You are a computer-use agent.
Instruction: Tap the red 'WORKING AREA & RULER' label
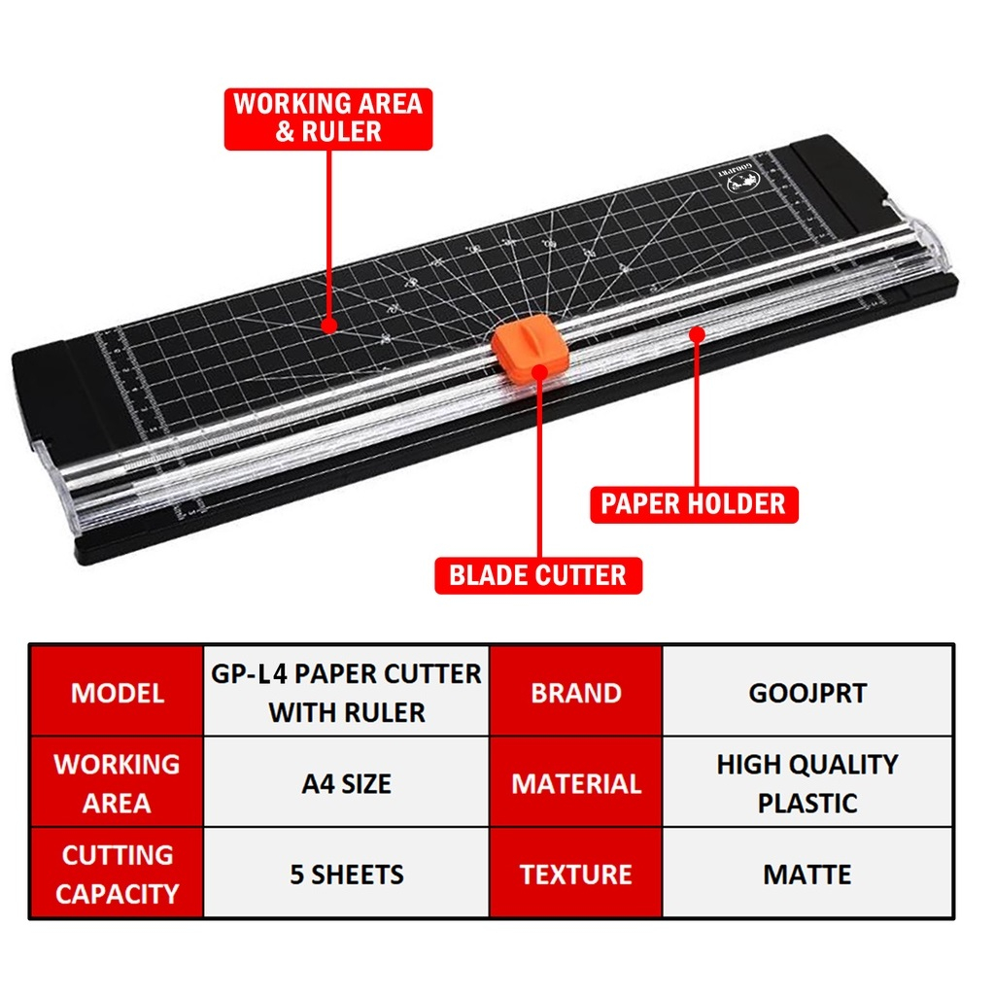pyautogui.click(x=328, y=119)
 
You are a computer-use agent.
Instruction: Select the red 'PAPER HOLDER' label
pyautogui.click(x=694, y=504)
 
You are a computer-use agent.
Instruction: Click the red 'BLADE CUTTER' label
pyautogui.click(x=537, y=575)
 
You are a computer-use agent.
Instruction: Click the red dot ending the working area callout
pyautogui.click(x=330, y=326)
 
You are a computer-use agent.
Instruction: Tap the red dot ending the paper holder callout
pyautogui.click(x=696, y=334)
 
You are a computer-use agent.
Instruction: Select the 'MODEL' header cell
pyautogui.click(x=117, y=692)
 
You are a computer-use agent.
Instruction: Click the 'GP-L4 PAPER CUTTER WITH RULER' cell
pyautogui.click(x=346, y=692)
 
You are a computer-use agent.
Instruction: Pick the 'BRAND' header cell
pyautogui.click(x=575, y=692)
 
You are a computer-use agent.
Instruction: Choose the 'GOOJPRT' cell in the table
pyautogui.click(x=807, y=692)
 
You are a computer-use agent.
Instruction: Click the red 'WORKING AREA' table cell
pyautogui.click(x=117, y=783)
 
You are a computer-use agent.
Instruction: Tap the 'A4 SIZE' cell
pyautogui.click(x=346, y=783)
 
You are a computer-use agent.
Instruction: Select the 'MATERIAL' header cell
pyautogui.click(x=575, y=783)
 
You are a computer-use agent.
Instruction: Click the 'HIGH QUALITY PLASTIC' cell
pyautogui.click(x=807, y=783)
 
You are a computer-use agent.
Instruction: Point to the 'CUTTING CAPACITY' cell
pyautogui.click(x=117, y=875)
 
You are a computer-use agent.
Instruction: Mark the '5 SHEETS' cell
pyautogui.click(x=346, y=875)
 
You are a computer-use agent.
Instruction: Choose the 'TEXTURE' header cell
pyautogui.click(x=575, y=875)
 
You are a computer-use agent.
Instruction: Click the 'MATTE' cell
pyautogui.click(x=807, y=875)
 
